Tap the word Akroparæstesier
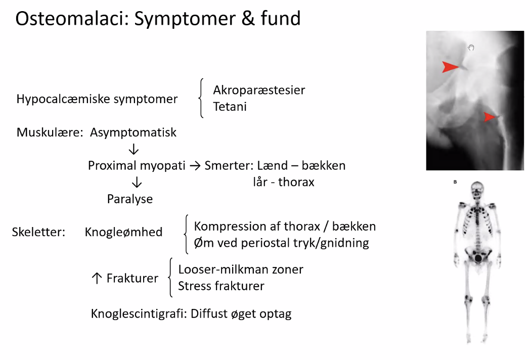coord(259,90)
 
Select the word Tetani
coord(230,107)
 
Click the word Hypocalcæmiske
coord(63,99)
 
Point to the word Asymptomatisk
coord(133,132)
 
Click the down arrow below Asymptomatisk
coord(134,149)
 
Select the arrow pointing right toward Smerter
coord(195,166)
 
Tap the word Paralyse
coord(130,199)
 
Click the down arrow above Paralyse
coord(137,182)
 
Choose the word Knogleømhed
coord(124,232)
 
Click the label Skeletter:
coord(38,232)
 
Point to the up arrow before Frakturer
coord(97,278)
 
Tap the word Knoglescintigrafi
coord(139,313)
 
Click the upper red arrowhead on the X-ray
coord(451,67)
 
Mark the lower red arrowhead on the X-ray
coord(490,117)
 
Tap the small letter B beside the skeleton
coord(455,182)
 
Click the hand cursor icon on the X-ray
coord(471,48)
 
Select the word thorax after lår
coord(296,182)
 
